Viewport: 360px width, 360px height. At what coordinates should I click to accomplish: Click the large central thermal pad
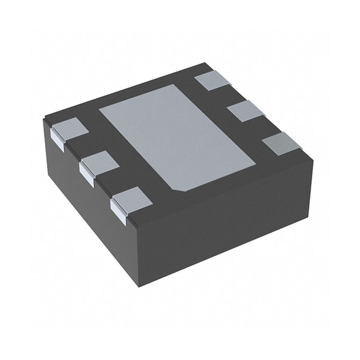point(175,135)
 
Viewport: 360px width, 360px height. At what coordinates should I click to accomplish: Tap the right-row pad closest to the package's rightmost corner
point(282,144)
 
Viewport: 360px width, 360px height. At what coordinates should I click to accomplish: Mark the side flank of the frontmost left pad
point(118,211)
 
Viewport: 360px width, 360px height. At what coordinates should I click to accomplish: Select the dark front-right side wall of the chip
point(225,220)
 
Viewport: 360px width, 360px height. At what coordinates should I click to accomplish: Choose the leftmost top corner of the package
point(44,118)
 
